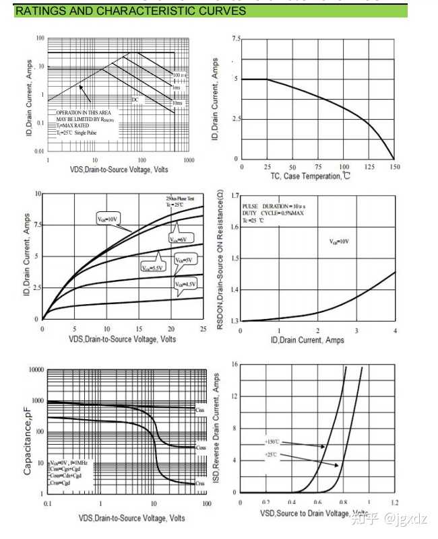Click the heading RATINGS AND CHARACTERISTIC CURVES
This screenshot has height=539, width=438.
[x=130, y=11]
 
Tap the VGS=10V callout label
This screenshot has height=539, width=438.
[x=107, y=218]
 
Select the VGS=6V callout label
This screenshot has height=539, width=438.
[x=178, y=240]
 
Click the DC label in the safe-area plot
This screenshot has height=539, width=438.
[x=135, y=99]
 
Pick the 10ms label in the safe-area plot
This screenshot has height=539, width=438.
[x=177, y=103]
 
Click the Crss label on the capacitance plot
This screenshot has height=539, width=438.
[x=199, y=483]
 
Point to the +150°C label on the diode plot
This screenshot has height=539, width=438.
[x=272, y=442]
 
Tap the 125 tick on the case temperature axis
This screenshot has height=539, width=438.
[x=369, y=166]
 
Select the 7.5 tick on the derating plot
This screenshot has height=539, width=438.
[x=235, y=39]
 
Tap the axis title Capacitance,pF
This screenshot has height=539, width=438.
[x=28, y=440]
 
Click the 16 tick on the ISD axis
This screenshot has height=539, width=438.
[x=234, y=364]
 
